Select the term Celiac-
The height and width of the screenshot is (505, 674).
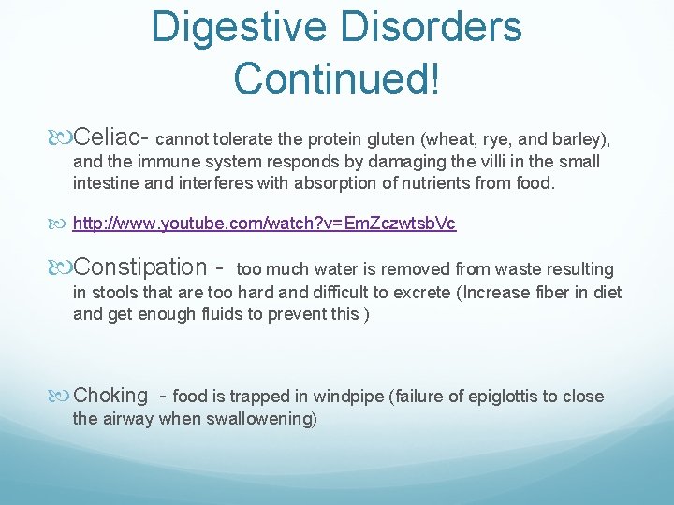tap(111, 138)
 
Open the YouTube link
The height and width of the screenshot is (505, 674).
tap(265, 224)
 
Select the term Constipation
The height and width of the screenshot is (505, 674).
tap(140, 267)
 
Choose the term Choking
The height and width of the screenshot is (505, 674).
tap(110, 396)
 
